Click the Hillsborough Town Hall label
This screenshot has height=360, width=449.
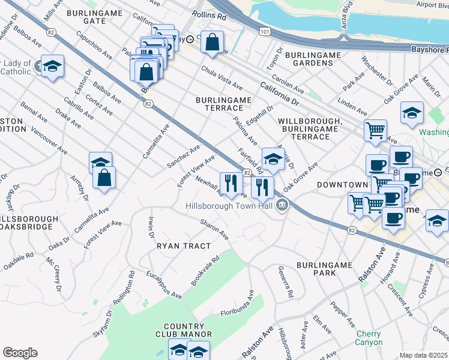point(229,206)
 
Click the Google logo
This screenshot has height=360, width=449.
point(20,353)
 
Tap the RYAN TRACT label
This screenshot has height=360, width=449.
point(184,246)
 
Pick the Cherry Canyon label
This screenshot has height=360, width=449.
point(369,338)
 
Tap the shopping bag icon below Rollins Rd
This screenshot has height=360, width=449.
point(212,42)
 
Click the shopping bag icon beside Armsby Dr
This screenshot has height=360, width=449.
point(104,178)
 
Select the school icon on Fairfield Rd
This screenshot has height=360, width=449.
point(273,159)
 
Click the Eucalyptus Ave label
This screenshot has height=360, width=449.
point(164,284)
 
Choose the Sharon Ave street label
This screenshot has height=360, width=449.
point(214,228)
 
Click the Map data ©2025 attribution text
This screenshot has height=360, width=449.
point(424,355)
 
